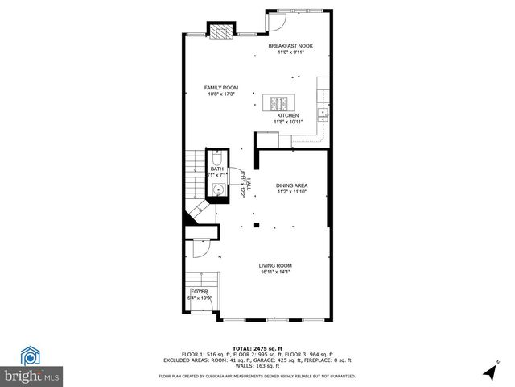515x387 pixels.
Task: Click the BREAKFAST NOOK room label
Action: [x=290, y=46]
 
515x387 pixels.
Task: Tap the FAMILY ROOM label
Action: [x=220, y=87]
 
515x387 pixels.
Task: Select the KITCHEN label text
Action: [x=288, y=115]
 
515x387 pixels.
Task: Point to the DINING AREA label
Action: [x=292, y=185]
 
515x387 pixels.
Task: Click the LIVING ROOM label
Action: [x=274, y=265]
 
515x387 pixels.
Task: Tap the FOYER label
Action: [x=198, y=291]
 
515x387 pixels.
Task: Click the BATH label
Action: [x=217, y=169]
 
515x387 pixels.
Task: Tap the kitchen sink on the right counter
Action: [x=323, y=113]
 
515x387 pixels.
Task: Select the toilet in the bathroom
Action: [x=217, y=157]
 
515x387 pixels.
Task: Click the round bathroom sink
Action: [x=218, y=190]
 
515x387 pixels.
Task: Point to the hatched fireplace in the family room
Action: [x=220, y=31]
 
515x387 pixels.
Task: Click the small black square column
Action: [x=256, y=224]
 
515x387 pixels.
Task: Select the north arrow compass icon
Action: [x=490, y=372]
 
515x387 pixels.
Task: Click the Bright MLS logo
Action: [x=32, y=364]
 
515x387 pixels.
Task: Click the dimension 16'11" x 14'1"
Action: [x=274, y=272]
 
